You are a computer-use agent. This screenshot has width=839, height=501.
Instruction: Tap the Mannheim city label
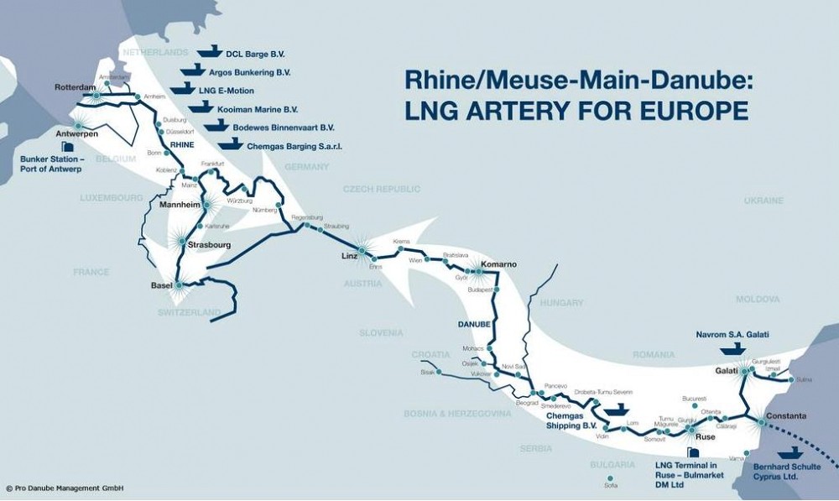tap(178, 204)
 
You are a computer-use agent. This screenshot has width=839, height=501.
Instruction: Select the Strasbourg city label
tap(209, 246)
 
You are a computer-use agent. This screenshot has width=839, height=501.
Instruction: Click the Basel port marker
tap(179, 284)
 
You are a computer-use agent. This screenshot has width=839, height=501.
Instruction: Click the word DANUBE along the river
tap(474, 321)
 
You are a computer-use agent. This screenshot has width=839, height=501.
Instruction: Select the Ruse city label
tap(705, 436)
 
